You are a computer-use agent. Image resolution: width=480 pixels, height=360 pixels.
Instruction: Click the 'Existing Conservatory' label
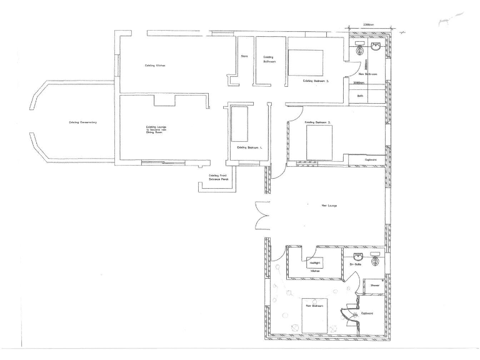pyautogui.click(x=82, y=122)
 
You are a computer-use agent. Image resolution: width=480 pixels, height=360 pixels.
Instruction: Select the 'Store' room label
pyautogui.click(x=245, y=57)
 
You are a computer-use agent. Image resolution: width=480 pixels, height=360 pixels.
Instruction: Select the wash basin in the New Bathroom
pyautogui.click(x=377, y=48)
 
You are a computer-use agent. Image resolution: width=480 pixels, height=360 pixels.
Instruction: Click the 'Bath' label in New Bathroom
pyautogui.click(x=360, y=96)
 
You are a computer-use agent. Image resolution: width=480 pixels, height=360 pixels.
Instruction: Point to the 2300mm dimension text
pyautogui.click(x=369, y=26)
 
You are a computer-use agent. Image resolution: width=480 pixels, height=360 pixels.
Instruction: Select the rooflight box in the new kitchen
pyautogui.click(x=316, y=263)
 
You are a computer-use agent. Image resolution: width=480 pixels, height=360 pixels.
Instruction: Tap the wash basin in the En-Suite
pyautogui.click(x=359, y=256)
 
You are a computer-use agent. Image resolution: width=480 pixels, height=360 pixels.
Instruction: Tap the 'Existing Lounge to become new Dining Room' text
pyautogui.click(x=154, y=129)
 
